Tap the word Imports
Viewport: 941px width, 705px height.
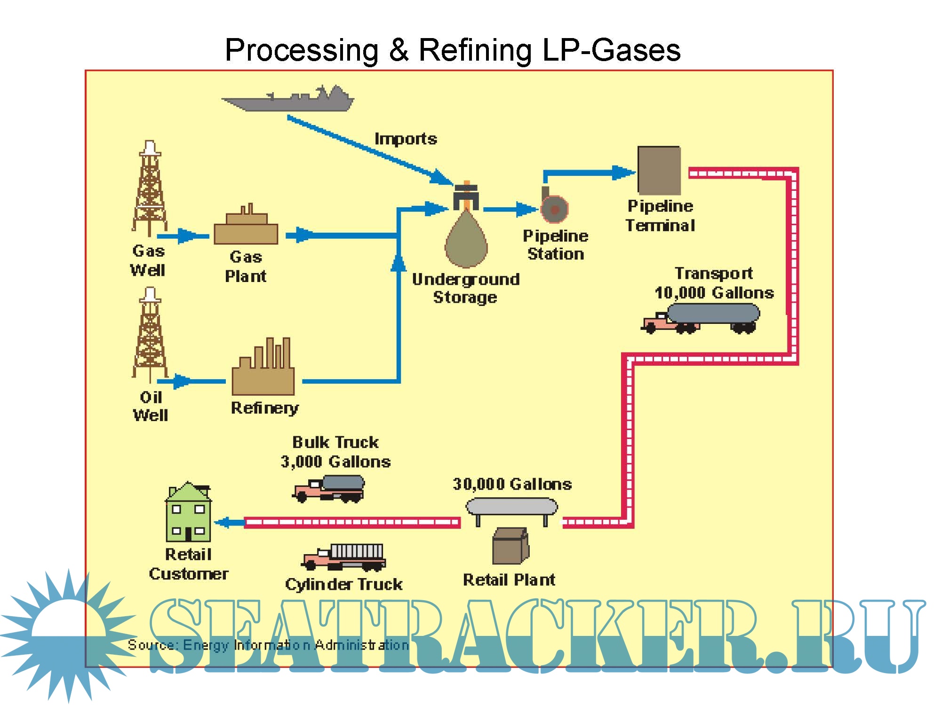(x=406, y=139)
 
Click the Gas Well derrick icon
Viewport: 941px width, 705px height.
(x=150, y=188)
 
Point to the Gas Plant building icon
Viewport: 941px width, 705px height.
(x=246, y=228)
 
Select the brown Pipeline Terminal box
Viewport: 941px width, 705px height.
(x=659, y=170)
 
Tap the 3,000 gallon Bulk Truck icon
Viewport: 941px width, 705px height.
(x=329, y=489)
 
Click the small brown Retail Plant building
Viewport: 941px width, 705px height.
(x=510, y=546)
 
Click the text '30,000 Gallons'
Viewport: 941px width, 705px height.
(x=512, y=484)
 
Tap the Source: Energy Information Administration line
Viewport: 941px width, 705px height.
(x=268, y=645)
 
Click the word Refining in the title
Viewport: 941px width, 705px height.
(x=475, y=50)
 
